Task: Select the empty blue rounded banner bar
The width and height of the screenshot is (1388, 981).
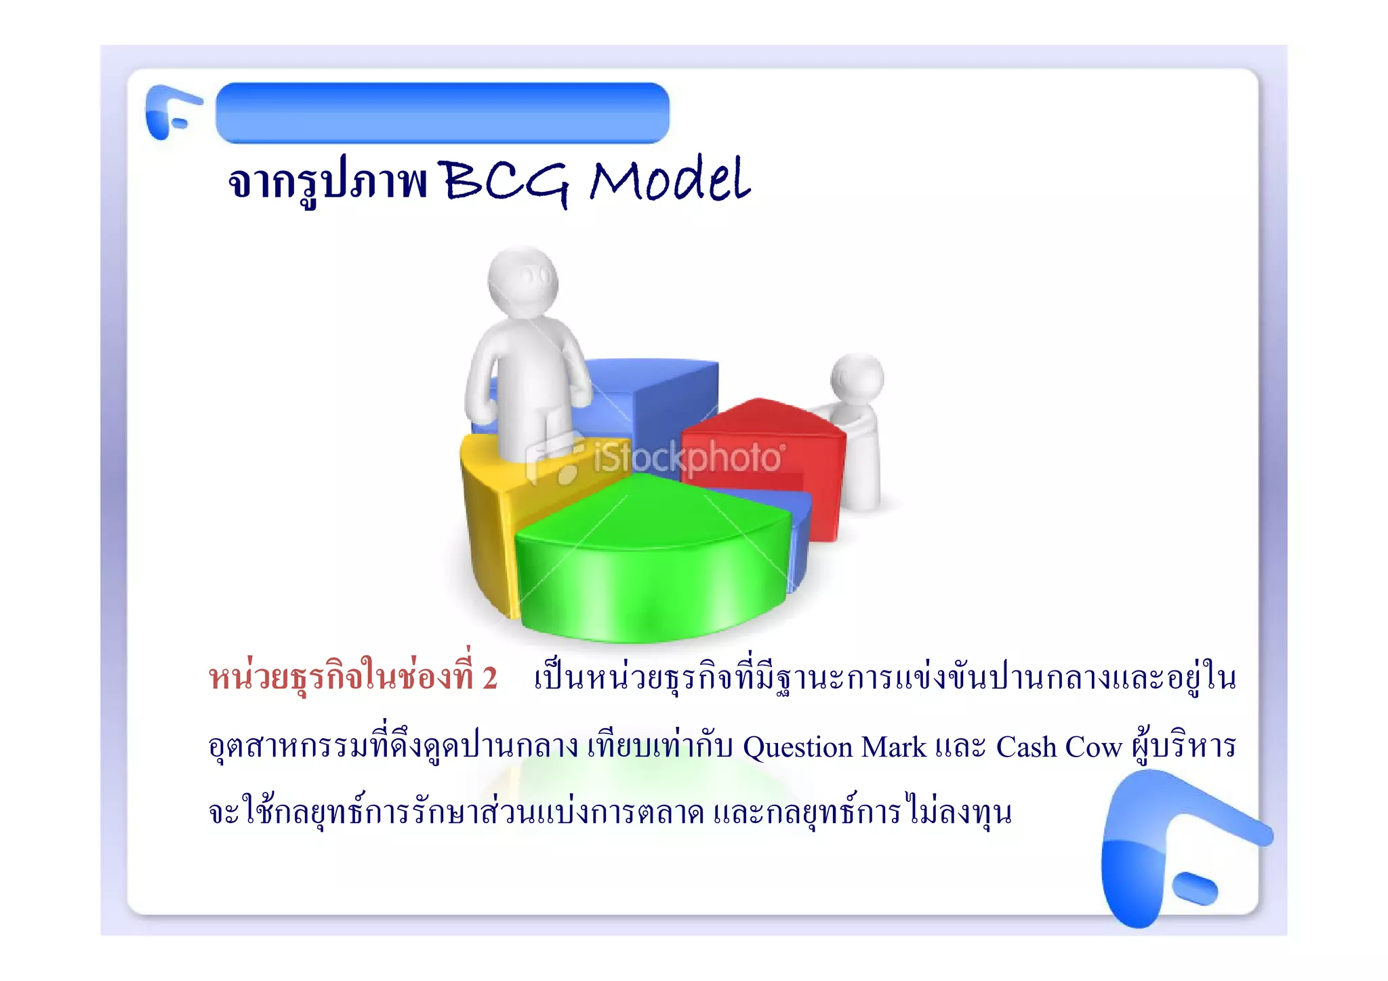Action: point(443,113)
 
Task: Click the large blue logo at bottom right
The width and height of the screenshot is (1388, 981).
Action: point(1166,847)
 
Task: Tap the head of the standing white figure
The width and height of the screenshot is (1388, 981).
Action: point(523,281)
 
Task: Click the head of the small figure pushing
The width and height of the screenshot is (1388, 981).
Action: point(857,378)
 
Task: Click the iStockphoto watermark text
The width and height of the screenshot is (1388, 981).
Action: point(688,458)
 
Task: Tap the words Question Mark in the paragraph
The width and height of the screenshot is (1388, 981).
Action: point(834,747)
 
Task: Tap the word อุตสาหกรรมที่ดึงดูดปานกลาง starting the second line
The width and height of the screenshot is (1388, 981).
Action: point(393,747)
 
